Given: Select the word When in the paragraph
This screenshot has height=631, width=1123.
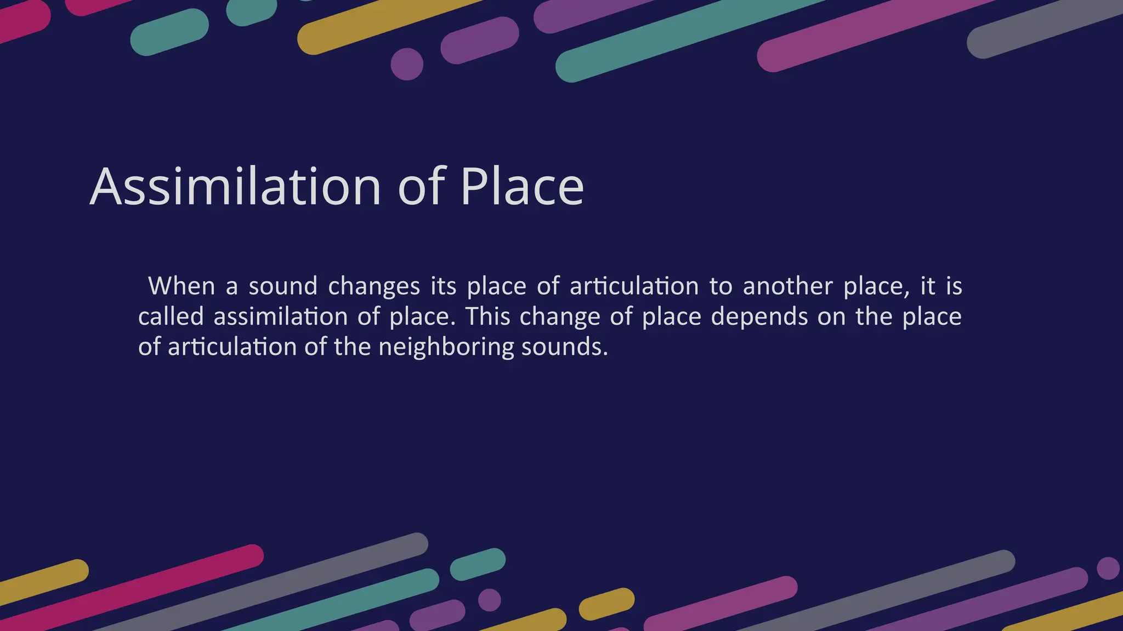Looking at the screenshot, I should (x=181, y=286).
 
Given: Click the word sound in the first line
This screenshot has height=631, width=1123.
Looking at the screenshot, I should (x=283, y=286).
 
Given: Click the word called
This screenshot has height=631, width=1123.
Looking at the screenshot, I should (x=171, y=317).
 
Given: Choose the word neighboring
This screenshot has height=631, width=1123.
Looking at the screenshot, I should (x=446, y=347).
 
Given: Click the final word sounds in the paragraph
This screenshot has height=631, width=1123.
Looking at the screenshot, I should (x=564, y=347).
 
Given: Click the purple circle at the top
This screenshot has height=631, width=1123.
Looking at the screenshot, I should (x=407, y=64).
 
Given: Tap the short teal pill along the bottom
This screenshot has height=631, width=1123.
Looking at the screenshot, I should (x=478, y=564).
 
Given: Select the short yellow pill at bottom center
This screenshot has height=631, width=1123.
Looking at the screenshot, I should (x=606, y=604).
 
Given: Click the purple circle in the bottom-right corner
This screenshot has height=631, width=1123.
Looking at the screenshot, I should (x=1108, y=568).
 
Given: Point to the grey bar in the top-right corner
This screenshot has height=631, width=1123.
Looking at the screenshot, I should (x=1042, y=27).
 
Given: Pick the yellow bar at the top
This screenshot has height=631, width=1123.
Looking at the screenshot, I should (x=384, y=25).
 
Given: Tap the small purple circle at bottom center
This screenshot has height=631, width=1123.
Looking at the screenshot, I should (x=489, y=600).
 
